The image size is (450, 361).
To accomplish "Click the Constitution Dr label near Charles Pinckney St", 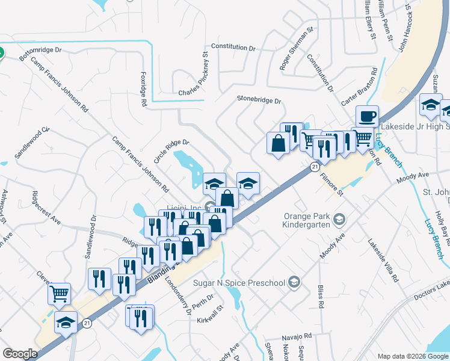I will click(233, 47).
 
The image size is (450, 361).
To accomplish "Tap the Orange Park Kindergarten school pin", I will click(339, 218).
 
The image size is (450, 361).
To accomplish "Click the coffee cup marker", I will click(366, 117).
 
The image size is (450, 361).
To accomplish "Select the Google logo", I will click(20, 354).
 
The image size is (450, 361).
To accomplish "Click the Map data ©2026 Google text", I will click(413, 356).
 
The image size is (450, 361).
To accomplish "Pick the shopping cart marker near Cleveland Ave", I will click(59, 294).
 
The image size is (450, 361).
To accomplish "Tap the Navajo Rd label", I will click(299, 336).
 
